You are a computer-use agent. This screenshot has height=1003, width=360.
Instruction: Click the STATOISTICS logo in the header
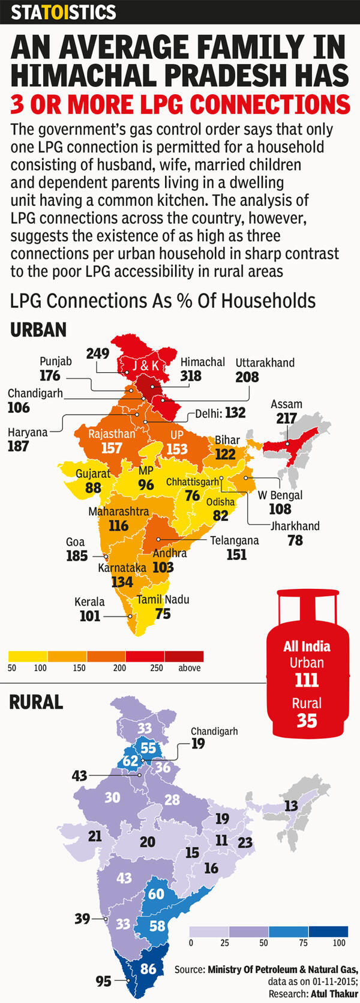(64, 12)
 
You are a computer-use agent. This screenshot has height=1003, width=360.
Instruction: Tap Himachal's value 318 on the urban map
(191, 376)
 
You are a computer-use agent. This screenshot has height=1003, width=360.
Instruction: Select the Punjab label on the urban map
(56, 361)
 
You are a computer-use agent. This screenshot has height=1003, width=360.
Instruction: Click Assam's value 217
(286, 418)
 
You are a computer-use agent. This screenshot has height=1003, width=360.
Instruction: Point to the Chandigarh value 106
(19, 408)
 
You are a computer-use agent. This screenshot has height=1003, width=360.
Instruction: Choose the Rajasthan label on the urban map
(112, 433)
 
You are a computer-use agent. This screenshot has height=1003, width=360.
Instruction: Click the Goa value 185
(77, 556)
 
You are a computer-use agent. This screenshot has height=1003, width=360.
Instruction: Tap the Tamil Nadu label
(163, 599)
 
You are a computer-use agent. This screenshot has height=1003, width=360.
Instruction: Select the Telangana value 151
(236, 554)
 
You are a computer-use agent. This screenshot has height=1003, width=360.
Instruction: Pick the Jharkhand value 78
(295, 540)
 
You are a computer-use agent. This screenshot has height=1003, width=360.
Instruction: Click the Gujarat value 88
(93, 487)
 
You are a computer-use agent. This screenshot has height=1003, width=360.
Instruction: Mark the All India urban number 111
(307, 680)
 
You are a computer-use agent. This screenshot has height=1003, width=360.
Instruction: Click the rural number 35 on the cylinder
(307, 720)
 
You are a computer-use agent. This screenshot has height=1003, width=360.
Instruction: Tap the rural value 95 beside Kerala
(103, 981)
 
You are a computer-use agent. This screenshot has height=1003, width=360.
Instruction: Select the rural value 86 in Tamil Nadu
(148, 969)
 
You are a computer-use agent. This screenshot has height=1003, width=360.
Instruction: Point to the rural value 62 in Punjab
(130, 761)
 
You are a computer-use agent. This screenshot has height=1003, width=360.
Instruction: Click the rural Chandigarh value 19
(198, 744)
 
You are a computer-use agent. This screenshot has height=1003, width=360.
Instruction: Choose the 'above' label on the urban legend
(190, 668)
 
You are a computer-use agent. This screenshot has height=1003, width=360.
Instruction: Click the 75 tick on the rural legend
(303, 943)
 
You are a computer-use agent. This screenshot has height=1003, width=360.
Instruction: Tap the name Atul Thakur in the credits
(334, 994)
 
